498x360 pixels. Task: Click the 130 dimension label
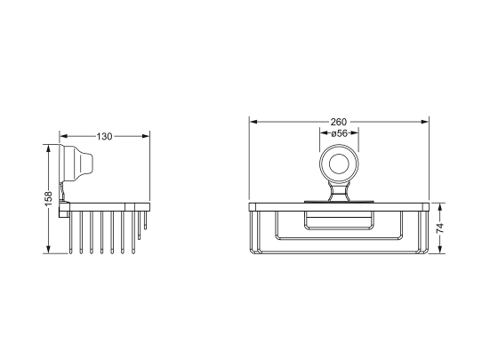(105, 137)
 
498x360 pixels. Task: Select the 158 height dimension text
(49, 198)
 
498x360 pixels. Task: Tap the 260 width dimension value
(339, 122)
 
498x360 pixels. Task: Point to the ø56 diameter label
(339, 133)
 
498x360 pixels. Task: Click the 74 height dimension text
(440, 228)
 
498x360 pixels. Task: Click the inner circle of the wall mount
(339, 164)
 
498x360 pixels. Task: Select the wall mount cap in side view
(76, 165)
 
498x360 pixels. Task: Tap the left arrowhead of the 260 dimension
(253, 122)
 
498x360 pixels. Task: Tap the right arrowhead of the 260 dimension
(425, 122)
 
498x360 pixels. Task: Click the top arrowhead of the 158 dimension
(49, 148)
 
